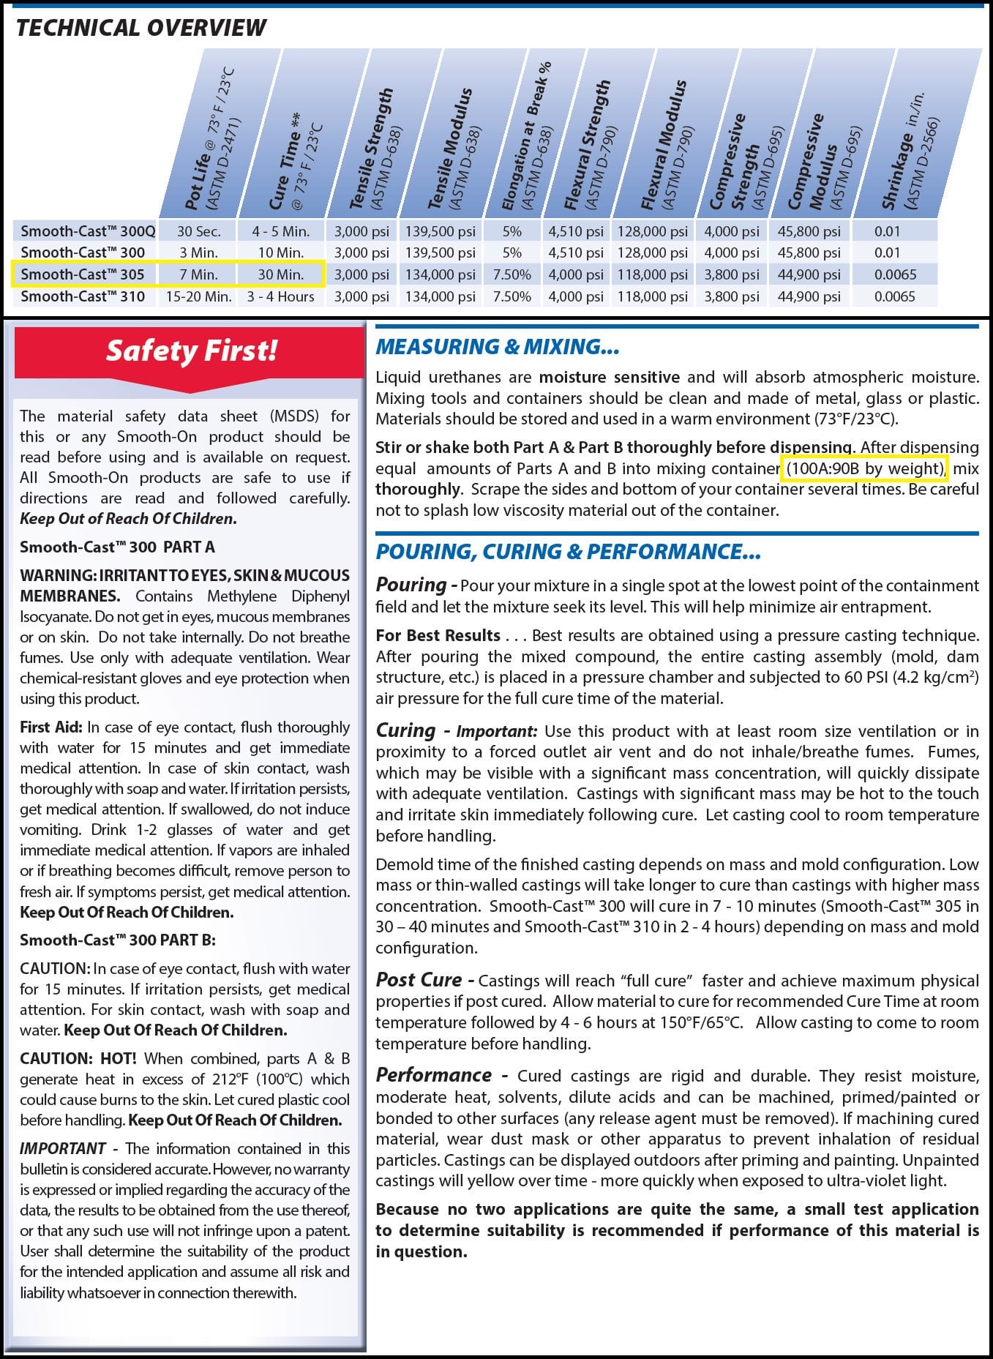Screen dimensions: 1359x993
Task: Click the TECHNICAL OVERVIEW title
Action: (141, 28)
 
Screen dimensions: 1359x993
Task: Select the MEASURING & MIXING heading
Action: (498, 347)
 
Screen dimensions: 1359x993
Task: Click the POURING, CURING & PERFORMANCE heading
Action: (568, 552)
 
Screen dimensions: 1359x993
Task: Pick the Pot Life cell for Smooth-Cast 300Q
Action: (198, 231)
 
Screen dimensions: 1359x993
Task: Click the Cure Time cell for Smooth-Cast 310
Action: (280, 296)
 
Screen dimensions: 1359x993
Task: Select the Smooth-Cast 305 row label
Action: (83, 274)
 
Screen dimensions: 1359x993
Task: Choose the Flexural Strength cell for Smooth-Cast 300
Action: (576, 252)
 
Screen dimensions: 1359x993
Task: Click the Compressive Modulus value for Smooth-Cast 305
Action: (809, 274)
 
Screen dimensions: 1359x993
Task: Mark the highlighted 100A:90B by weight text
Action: (864, 468)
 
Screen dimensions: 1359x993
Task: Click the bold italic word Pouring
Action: (411, 585)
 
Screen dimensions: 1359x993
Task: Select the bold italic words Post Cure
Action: (419, 980)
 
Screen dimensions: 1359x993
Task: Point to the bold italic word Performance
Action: (433, 1075)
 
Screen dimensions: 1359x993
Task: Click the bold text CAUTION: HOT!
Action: (78, 1058)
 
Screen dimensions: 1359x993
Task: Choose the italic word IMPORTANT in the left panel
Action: (63, 1148)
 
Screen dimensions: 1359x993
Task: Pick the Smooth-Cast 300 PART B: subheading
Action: (117, 940)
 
